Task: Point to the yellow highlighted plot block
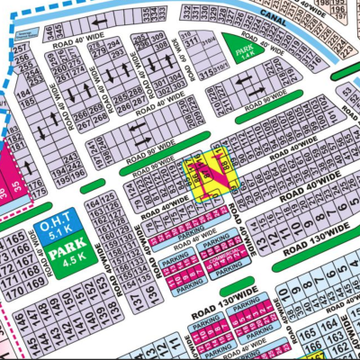[209, 175]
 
